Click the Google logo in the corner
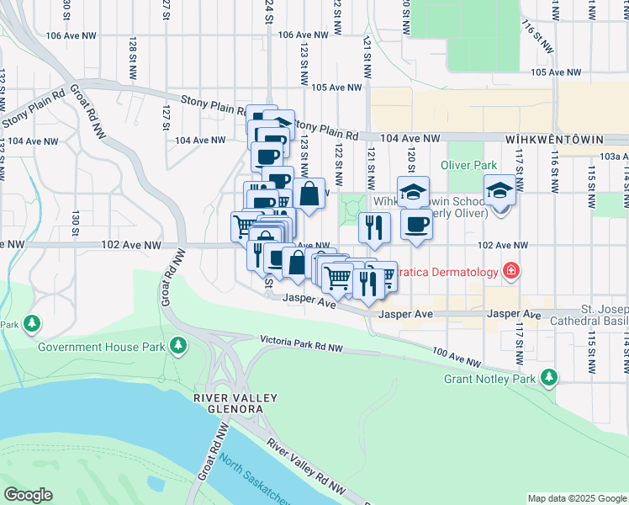29,495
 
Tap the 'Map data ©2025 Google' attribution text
576,498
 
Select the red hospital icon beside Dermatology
510,271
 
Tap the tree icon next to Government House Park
177,345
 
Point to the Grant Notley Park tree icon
549,378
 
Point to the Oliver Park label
468,165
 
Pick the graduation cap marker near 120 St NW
413,191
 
